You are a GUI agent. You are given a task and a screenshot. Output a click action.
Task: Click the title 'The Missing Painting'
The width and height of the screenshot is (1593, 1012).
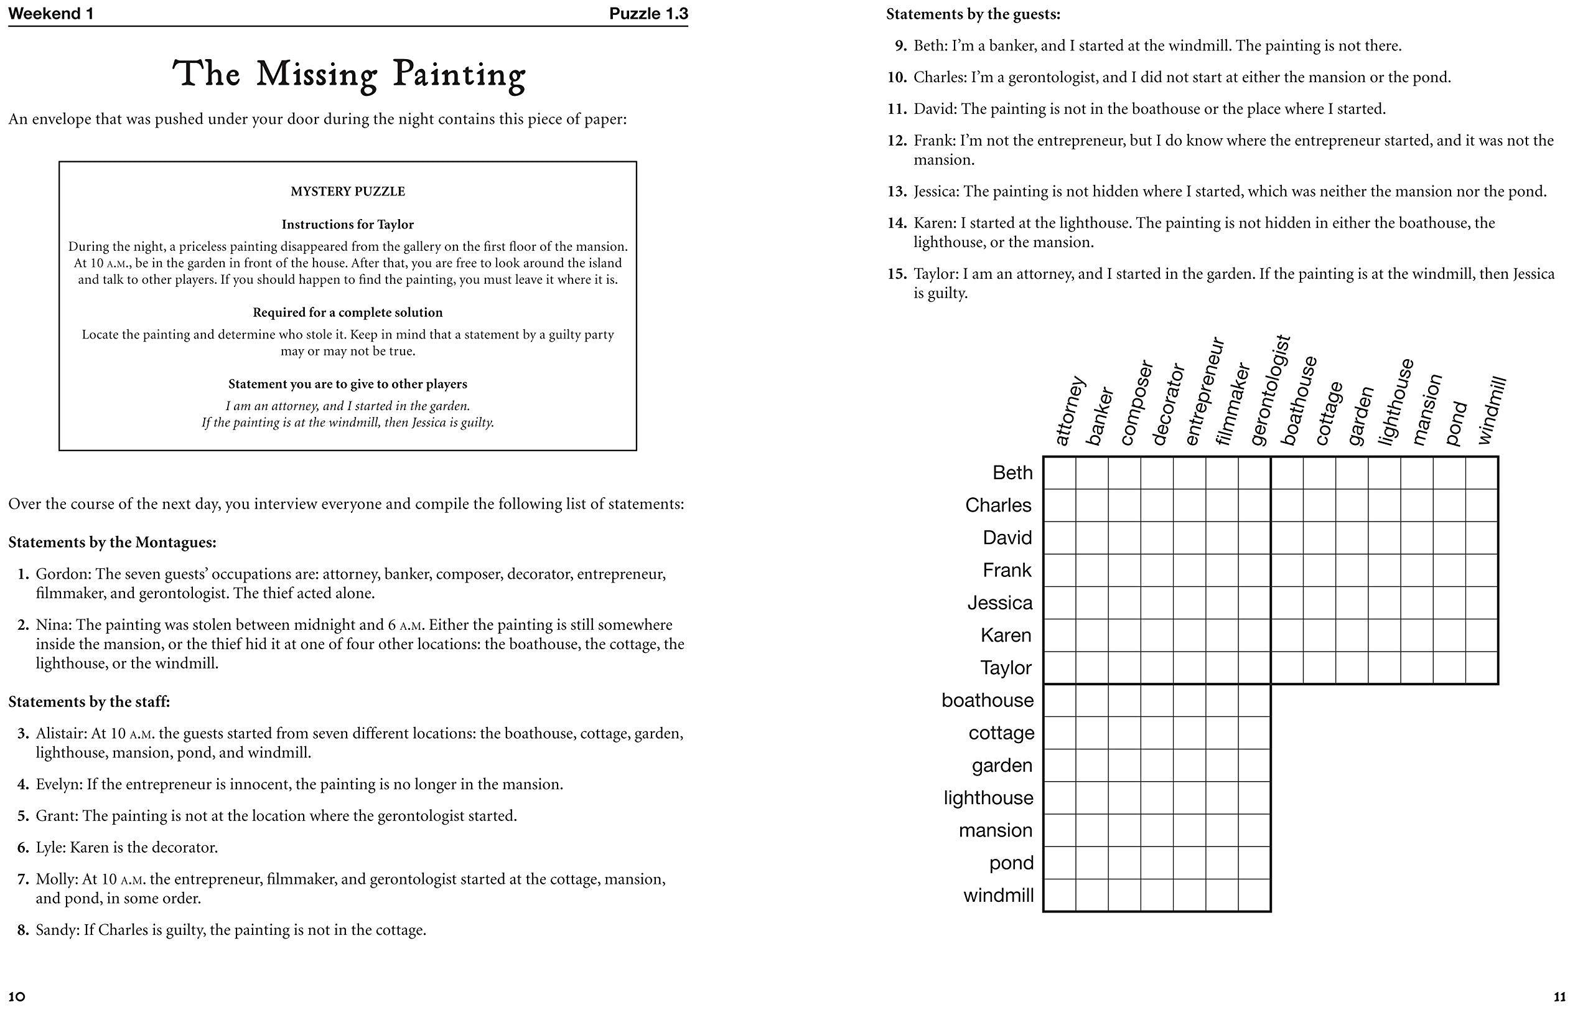tap(348, 74)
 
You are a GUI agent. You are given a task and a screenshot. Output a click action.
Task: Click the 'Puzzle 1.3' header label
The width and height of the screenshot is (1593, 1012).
tap(648, 14)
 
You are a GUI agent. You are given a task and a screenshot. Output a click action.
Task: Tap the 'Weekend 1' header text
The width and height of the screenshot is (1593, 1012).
tap(51, 14)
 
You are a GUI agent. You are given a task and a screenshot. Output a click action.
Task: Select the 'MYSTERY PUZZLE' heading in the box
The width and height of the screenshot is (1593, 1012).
tap(347, 191)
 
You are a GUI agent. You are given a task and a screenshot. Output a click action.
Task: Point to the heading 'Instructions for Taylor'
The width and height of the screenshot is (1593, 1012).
tap(347, 225)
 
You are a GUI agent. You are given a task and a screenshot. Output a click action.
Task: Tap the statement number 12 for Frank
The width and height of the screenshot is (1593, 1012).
tap(897, 140)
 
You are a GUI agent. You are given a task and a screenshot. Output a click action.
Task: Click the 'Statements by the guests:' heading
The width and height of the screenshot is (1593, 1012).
tap(973, 14)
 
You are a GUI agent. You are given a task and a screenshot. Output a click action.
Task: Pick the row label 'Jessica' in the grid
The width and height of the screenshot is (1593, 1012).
tap(999, 603)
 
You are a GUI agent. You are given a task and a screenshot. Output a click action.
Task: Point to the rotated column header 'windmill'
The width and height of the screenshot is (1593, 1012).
tap(1492, 410)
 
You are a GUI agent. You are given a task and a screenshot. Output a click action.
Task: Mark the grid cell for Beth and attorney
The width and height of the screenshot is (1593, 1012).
tap(1060, 472)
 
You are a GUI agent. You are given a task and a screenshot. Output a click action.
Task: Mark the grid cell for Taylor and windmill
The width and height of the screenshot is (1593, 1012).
tap(1482, 668)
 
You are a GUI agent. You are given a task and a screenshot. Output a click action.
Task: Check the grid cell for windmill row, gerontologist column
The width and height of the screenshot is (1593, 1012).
tap(1254, 896)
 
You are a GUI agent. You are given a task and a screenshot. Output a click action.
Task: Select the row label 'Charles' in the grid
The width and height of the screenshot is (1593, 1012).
tap(998, 505)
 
